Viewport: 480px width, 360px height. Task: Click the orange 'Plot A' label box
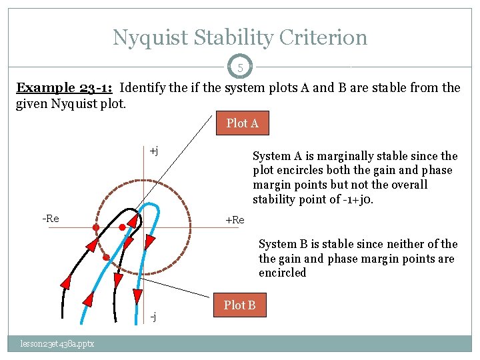(242, 123)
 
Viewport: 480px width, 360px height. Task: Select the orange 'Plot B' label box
(239, 305)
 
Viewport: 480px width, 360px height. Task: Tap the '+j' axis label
(153, 151)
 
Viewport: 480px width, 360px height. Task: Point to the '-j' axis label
(153, 316)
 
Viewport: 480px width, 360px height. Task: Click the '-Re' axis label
(51, 219)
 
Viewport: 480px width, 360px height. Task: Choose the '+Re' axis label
(235, 220)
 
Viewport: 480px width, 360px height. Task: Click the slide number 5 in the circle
(239, 67)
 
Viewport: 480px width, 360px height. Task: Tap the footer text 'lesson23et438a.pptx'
(56, 343)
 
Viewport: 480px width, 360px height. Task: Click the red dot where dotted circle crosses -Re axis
(96, 228)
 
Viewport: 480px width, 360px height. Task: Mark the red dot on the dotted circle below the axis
(106, 257)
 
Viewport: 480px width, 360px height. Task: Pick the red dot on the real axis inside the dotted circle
(122, 227)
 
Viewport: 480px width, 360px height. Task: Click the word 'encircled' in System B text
(282, 273)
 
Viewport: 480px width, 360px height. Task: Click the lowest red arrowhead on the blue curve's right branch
(138, 295)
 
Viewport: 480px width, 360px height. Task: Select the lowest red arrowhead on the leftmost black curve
(66, 283)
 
